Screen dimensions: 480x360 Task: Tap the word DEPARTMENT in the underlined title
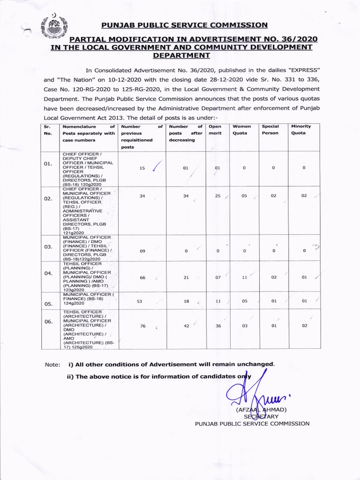(x=182, y=55)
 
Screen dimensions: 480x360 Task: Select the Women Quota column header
(x=242, y=130)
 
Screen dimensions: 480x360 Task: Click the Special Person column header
(x=270, y=130)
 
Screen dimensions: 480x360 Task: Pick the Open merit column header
(x=215, y=130)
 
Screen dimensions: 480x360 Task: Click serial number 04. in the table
(x=47, y=273)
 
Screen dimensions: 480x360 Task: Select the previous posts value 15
(x=142, y=168)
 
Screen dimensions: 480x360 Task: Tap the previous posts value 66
(x=142, y=277)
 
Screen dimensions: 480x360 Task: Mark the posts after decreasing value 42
(x=186, y=325)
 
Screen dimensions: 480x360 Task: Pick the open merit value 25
(x=217, y=196)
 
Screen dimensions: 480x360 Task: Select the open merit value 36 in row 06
(x=218, y=325)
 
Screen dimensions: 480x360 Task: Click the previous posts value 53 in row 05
(x=139, y=301)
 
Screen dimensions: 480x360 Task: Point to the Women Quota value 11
(x=244, y=277)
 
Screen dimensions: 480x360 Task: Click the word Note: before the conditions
(x=52, y=364)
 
